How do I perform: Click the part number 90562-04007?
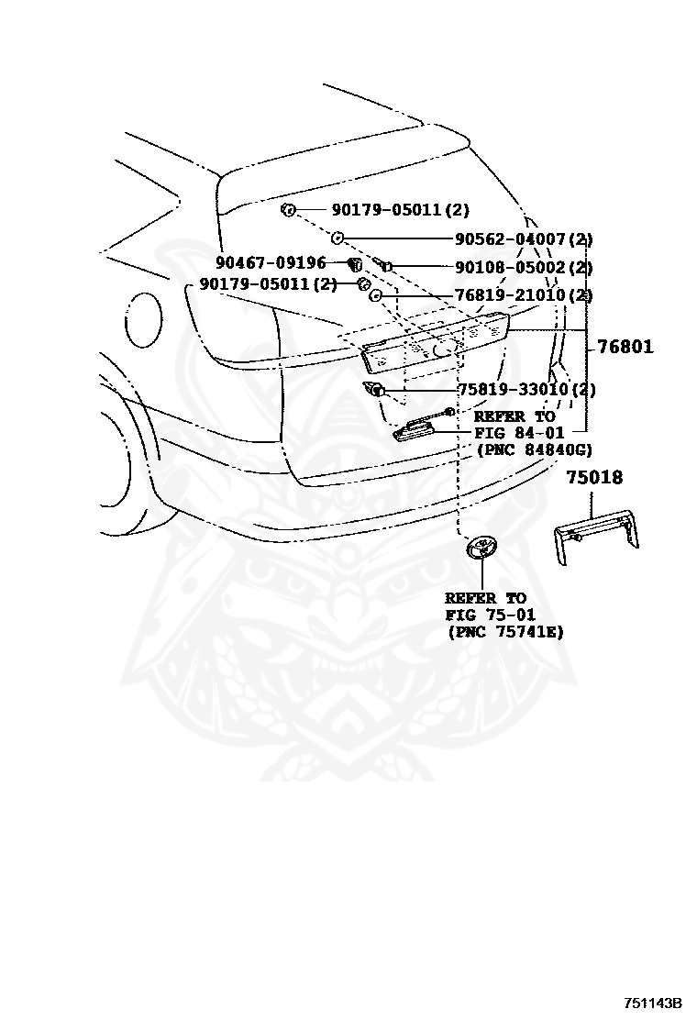click(x=510, y=239)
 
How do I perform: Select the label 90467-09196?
click(x=271, y=264)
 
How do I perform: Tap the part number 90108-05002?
click(x=510, y=268)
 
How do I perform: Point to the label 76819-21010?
click(x=510, y=295)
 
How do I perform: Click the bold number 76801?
click(x=625, y=347)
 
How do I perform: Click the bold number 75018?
click(x=593, y=478)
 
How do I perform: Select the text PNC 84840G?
click(x=535, y=449)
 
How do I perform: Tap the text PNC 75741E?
click(x=505, y=632)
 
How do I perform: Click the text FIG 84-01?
click(x=518, y=433)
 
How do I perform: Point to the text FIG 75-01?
click(x=491, y=615)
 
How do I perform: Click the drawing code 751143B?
click(x=652, y=1003)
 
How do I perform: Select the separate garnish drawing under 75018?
click(x=597, y=538)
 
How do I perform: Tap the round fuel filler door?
click(x=142, y=319)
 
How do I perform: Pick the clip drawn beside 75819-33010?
click(x=374, y=390)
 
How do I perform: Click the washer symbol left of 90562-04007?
click(x=337, y=238)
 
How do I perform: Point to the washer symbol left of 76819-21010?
click(x=375, y=296)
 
